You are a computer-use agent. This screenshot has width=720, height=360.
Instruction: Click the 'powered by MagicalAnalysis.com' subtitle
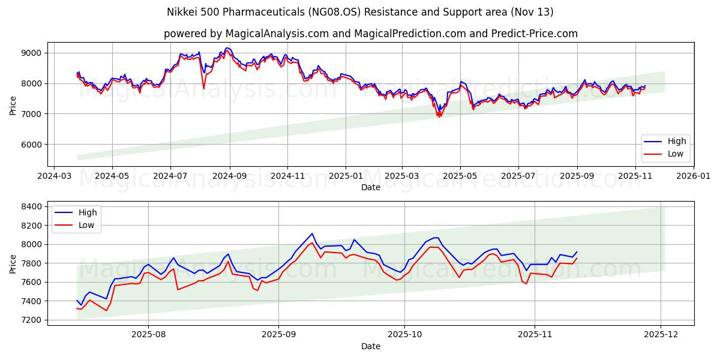371,34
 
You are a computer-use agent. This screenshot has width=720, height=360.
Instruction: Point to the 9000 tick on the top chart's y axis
31,53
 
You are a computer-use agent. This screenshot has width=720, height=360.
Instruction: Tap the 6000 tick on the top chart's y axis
31,145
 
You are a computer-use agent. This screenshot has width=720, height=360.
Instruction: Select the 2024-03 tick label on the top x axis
55,176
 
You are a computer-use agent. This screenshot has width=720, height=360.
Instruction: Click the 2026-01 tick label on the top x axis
694,176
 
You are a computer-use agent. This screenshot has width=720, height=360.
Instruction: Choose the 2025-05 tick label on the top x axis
460,176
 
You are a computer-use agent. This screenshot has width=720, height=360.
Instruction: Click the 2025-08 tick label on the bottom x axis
148,335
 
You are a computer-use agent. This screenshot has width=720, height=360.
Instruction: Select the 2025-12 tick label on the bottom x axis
661,335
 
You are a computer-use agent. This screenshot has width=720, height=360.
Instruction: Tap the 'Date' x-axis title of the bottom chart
371,346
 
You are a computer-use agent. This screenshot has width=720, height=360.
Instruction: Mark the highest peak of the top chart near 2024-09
227,48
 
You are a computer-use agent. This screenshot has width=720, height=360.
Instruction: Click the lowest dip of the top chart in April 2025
438,116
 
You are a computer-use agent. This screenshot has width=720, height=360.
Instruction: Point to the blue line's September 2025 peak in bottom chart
312,233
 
